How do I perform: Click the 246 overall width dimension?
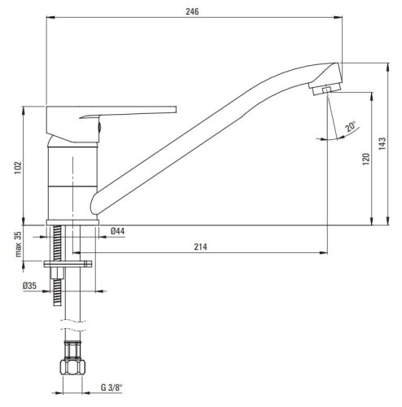point(192,11)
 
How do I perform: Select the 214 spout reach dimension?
point(200,247)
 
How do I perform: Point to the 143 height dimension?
point(382,143)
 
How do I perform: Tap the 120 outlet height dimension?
point(366,160)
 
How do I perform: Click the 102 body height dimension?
point(18,168)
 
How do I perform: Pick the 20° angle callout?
point(350,126)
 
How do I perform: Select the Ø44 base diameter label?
point(117,231)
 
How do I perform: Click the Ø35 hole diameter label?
point(29,286)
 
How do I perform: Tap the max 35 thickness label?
point(18,244)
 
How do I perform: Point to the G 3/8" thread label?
point(111,387)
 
